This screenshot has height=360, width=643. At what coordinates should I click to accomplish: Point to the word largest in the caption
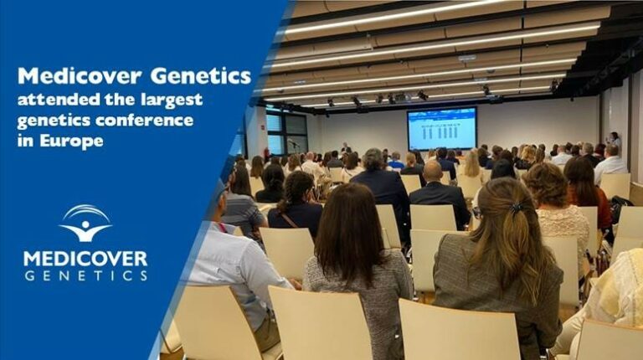[172, 100]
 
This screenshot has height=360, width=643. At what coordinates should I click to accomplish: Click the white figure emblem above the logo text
[85, 223]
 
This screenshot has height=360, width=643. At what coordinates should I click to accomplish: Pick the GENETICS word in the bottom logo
[85, 275]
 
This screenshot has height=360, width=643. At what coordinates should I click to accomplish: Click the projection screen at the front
[441, 128]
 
